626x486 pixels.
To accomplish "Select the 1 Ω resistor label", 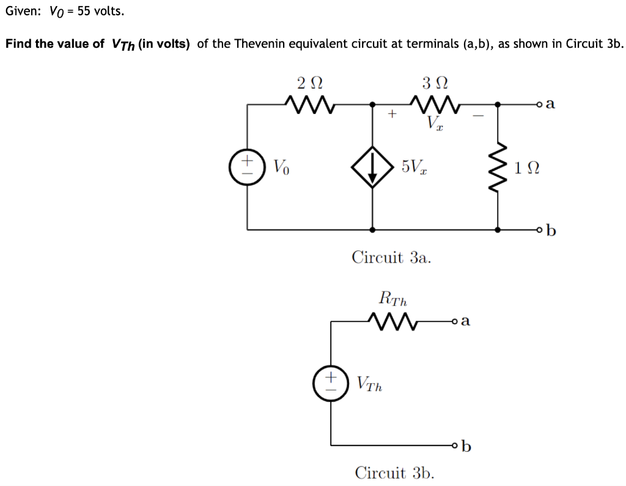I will [528, 166].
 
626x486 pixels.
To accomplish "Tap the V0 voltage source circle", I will [247, 166].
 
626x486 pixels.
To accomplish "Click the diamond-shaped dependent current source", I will [372, 166].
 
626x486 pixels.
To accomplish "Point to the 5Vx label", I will [414, 166].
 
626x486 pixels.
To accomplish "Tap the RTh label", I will [393, 299].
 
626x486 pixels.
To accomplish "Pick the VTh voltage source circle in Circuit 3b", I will [331, 383].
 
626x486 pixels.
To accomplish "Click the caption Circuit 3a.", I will [391, 257].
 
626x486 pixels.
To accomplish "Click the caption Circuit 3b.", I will [395, 473].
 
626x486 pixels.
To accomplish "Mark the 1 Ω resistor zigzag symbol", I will [499, 166].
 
